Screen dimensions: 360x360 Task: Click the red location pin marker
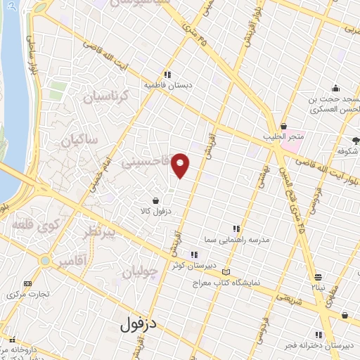click(x=181, y=165)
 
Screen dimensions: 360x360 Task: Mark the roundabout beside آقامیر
click(x=46, y=261)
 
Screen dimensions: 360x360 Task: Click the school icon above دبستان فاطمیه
click(x=168, y=75)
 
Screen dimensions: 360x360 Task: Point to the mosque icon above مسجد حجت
click(x=336, y=89)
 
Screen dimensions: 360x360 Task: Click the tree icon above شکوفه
click(x=355, y=141)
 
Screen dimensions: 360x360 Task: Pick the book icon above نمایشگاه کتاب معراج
click(x=225, y=272)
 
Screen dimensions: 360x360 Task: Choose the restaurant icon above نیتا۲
click(x=319, y=277)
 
